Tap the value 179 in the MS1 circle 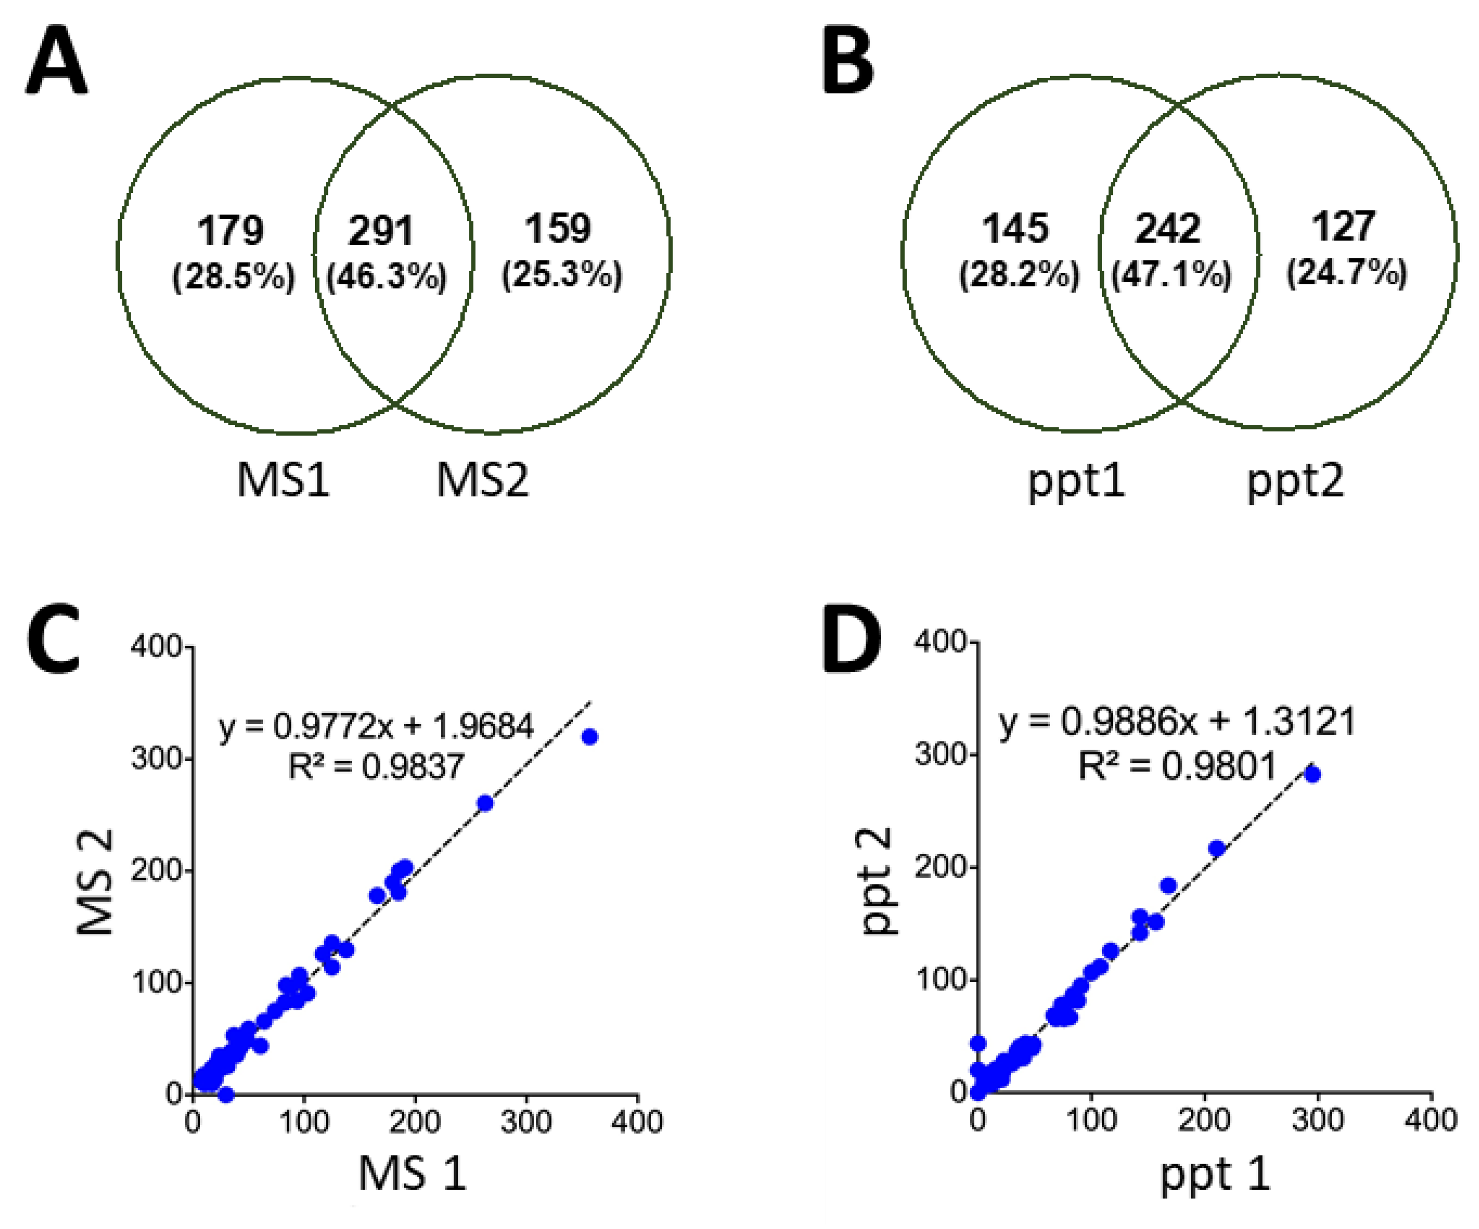230,230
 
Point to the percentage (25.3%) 561,275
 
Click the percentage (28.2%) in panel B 1018,275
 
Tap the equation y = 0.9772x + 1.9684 376,726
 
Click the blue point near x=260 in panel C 485,803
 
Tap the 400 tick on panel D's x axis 1430,1120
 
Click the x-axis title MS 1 412,1174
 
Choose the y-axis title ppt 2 877,882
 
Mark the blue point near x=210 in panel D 1216,849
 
